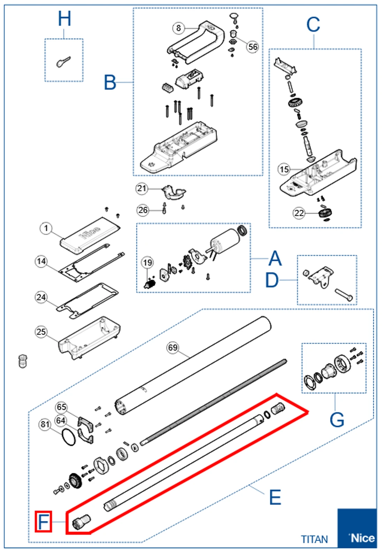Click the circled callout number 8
tap(178, 28)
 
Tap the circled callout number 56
tap(253, 47)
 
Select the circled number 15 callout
tap(284, 169)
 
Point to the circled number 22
tap(299, 213)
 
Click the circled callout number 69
tap(173, 347)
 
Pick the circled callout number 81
tap(45, 424)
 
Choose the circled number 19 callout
tap(147, 263)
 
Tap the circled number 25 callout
tap(41, 331)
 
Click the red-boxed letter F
tap(43, 521)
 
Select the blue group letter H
tap(64, 19)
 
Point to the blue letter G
tap(337, 420)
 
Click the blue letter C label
tap(313, 25)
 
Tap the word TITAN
tap(314, 539)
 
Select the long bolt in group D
tap(344, 295)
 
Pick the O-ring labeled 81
tap(69, 437)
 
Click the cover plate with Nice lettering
tap(91, 234)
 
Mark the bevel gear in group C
tap(295, 102)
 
